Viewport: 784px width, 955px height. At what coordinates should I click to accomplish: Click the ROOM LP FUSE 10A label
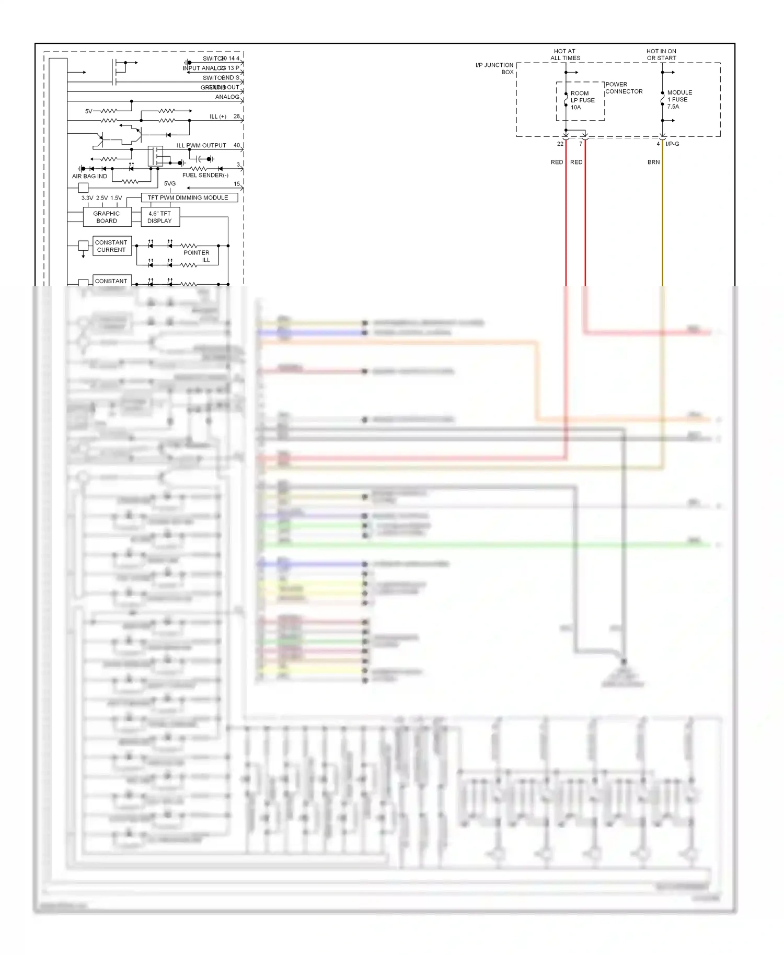tap(582, 100)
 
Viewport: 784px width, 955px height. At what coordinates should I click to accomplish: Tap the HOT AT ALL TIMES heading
tap(565, 55)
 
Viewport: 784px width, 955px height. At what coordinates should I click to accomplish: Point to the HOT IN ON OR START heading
tap(661, 55)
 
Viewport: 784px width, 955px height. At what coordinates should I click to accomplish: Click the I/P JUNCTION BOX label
tap(495, 68)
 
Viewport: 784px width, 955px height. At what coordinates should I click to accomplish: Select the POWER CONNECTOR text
tap(624, 88)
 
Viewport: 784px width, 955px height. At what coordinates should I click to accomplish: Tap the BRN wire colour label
tap(653, 162)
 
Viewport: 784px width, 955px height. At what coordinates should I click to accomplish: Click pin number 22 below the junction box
tap(560, 144)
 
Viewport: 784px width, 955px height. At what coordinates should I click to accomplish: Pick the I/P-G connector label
tap(672, 144)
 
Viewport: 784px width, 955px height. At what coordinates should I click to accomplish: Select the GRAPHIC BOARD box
tap(107, 217)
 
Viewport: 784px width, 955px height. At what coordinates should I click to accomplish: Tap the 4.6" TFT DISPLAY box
tap(160, 217)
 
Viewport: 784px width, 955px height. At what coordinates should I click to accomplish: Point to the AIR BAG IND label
tap(89, 177)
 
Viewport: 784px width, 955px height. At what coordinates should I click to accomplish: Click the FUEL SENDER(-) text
tap(205, 176)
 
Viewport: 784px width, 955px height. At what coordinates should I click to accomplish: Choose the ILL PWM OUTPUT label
tap(201, 146)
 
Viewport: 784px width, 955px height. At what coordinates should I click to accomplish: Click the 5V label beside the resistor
tap(88, 111)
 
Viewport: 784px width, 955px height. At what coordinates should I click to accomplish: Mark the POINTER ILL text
tap(197, 257)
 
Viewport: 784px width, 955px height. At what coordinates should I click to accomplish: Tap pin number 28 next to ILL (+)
tap(237, 117)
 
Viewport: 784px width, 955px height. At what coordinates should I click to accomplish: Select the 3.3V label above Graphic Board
tap(87, 199)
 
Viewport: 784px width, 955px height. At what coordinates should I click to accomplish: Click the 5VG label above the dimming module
tap(170, 184)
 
